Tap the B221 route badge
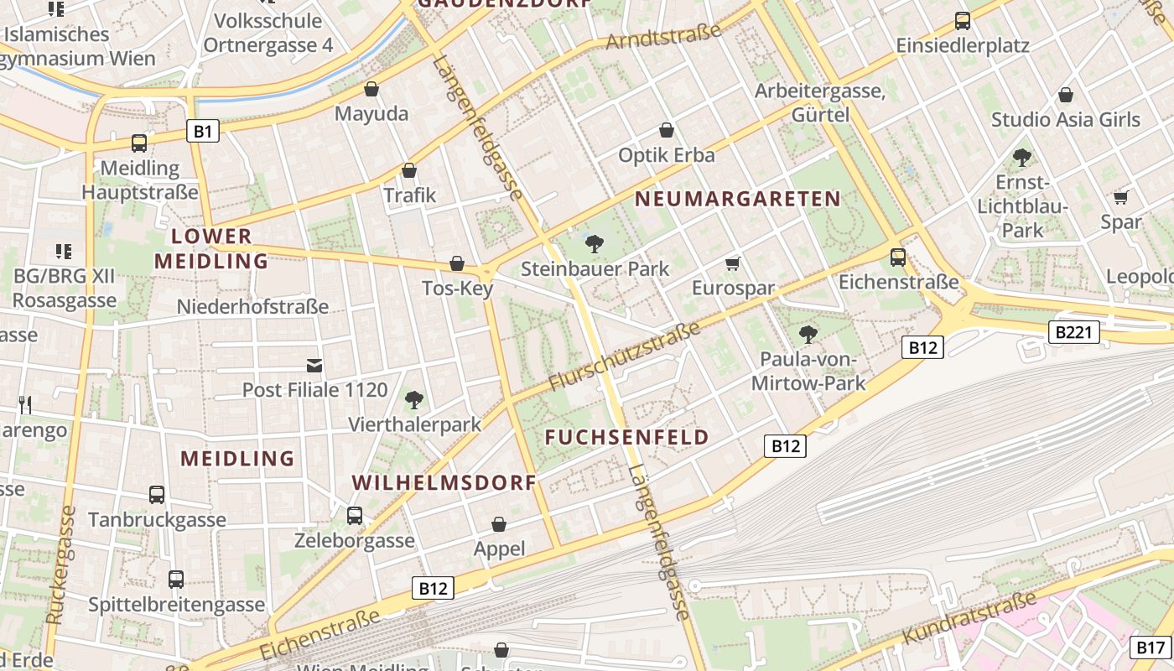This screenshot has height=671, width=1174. [x=1073, y=333]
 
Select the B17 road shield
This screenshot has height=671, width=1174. [x=1151, y=647]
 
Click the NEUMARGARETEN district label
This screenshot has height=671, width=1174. [x=737, y=199]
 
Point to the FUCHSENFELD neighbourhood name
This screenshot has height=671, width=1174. [x=626, y=437]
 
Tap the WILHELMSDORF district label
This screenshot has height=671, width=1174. [x=444, y=483]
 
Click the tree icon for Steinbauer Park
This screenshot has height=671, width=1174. [x=595, y=244]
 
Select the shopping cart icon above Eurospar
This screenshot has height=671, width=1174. [x=733, y=264]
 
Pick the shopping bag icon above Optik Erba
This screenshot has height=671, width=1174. [x=667, y=130]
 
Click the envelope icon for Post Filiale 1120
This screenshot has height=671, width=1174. [x=314, y=366]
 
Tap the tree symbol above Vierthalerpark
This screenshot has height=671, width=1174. [x=413, y=399]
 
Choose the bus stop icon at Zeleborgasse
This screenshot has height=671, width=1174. [x=355, y=515]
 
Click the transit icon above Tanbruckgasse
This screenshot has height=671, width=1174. [x=157, y=494]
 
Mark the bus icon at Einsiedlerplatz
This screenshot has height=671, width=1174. [x=962, y=21]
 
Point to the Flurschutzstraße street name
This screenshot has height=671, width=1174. [x=625, y=356]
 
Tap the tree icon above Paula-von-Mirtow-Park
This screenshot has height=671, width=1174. [x=808, y=335]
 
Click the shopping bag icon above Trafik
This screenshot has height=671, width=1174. [x=409, y=170]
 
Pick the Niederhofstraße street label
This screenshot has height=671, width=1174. [x=252, y=307]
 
